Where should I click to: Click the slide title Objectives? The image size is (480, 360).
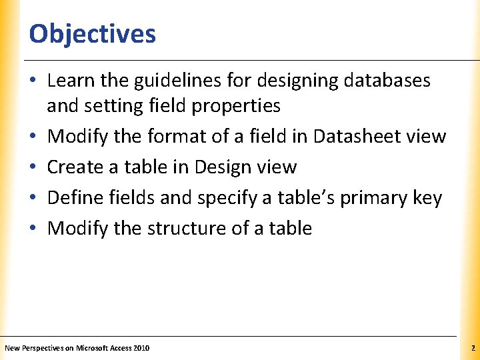(x=92, y=33)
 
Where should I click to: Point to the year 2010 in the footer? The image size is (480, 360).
(x=141, y=349)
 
